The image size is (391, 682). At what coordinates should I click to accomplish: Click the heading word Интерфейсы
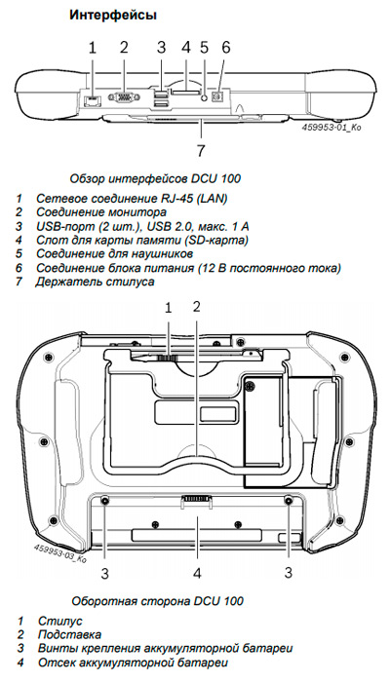pyautogui.click(x=113, y=16)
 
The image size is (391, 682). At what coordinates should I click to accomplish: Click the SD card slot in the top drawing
pyautogui.click(x=186, y=93)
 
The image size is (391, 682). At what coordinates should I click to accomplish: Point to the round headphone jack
pyautogui.click(x=204, y=97)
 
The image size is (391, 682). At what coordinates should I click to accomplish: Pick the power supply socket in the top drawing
pyautogui.click(x=216, y=97)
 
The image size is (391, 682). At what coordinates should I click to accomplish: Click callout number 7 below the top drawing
pyautogui.click(x=200, y=150)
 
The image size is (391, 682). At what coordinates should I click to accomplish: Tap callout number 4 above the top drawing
pyautogui.click(x=186, y=47)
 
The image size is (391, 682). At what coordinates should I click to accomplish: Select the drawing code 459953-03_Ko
pyautogui.click(x=60, y=551)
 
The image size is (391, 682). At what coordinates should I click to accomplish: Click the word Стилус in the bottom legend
pyautogui.click(x=60, y=621)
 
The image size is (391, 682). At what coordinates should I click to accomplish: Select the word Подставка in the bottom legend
pyautogui.click(x=69, y=634)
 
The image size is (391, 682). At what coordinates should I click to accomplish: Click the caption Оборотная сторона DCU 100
pyautogui.click(x=157, y=601)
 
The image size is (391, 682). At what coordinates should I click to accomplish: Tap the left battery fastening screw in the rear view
pyautogui.click(x=104, y=501)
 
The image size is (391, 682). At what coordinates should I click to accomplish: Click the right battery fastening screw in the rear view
pyautogui.click(x=290, y=501)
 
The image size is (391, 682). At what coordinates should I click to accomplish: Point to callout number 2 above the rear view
pyautogui.click(x=197, y=307)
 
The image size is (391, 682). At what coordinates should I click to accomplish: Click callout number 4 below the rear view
pyautogui.click(x=197, y=574)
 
